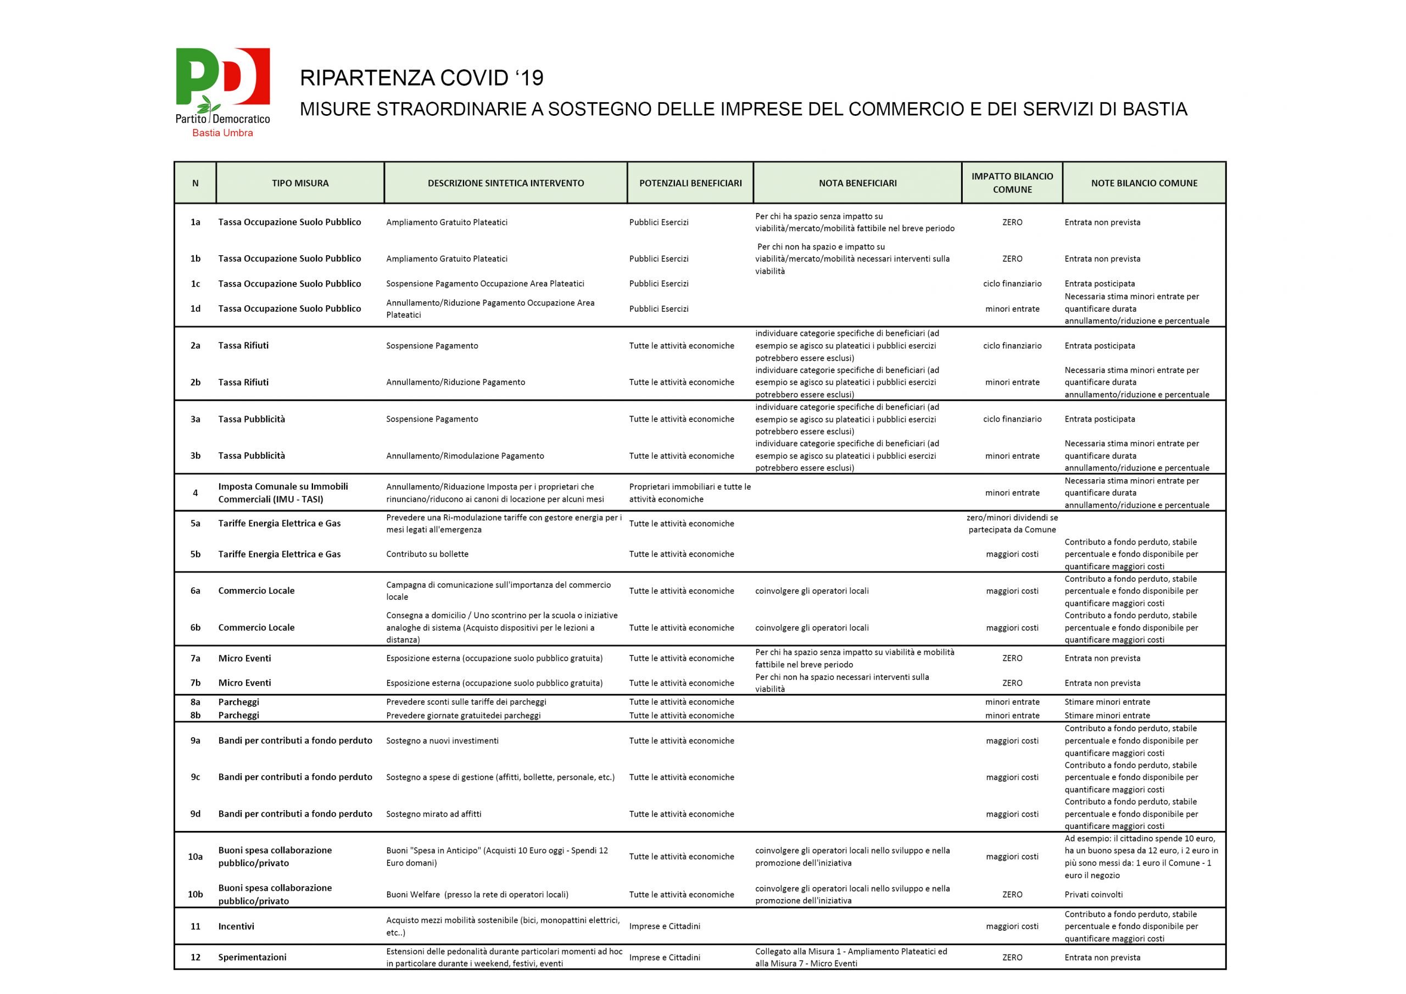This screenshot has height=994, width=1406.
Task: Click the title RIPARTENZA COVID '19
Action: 421,78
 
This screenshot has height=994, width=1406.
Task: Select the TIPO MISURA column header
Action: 300,183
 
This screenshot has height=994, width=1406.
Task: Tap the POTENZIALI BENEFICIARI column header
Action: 690,183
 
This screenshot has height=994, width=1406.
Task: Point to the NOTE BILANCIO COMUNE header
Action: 1144,183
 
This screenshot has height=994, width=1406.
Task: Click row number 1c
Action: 196,283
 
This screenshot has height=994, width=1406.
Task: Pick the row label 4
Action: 196,493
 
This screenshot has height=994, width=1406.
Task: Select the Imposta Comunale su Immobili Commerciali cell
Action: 283,493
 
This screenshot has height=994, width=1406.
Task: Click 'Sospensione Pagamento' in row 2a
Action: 432,346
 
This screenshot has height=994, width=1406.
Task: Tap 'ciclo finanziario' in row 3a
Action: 1012,419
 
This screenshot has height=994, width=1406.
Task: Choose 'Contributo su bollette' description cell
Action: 427,554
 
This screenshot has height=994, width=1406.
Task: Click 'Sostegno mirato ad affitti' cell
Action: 433,814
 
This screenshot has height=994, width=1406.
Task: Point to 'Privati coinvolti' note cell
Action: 1093,894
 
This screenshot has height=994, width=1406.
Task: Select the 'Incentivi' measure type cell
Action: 236,926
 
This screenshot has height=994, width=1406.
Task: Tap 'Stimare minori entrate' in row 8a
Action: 1107,702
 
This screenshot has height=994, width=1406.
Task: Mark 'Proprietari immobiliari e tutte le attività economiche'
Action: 689,493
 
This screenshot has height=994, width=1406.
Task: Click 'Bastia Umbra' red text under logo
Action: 222,133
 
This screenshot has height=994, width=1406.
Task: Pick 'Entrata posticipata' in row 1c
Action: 1100,283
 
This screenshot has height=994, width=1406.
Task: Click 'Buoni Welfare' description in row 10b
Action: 477,894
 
